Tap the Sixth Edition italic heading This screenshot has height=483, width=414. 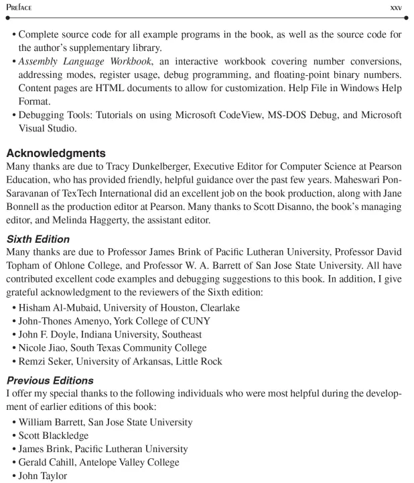pos(38,239)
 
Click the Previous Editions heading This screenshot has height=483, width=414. pos(50,380)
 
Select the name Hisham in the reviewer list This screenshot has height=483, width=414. pos(36,307)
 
